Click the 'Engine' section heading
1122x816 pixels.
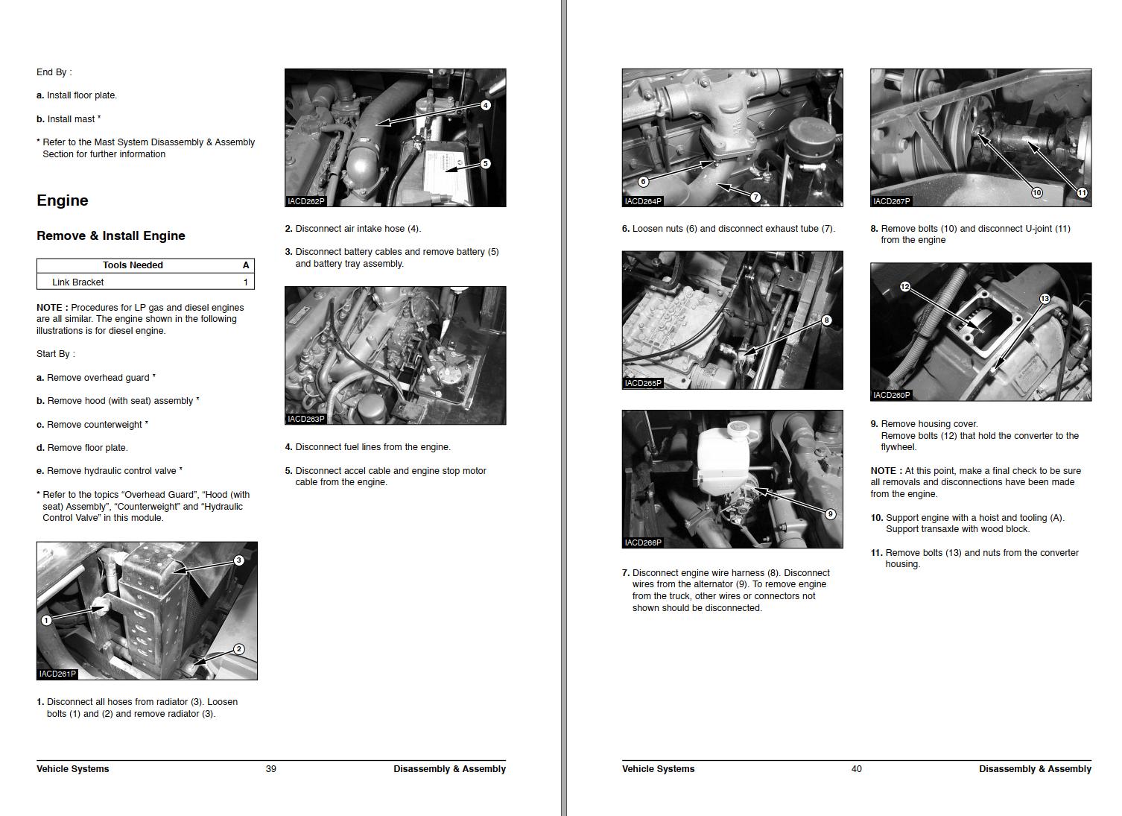[x=63, y=200]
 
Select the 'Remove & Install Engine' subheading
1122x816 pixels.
[x=111, y=235]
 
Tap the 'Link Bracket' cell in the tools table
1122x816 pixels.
[x=77, y=282]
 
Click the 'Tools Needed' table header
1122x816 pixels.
[x=133, y=265]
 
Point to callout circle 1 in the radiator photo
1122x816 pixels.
[x=46, y=620]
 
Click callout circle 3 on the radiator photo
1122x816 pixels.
[x=238, y=560]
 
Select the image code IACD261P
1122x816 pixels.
[x=57, y=674]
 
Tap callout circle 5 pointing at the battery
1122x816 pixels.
[x=485, y=164]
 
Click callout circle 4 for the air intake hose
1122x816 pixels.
[x=485, y=105]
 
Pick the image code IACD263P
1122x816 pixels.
[x=306, y=420]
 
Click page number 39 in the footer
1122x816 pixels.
[x=271, y=769]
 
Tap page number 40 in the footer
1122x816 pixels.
[x=857, y=769]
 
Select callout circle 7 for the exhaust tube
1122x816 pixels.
[x=755, y=197]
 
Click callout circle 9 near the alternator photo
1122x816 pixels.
[x=830, y=514]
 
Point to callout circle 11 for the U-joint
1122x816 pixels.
[x=1082, y=193]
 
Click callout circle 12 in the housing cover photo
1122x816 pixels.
[x=904, y=287]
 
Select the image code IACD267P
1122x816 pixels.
[x=891, y=202]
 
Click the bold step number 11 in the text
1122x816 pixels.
[x=876, y=553]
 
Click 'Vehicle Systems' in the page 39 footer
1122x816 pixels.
[x=73, y=769]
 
